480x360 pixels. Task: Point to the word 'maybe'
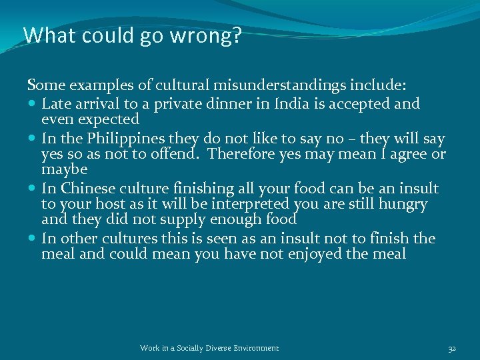(x=64, y=171)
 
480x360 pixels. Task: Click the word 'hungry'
(x=403, y=205)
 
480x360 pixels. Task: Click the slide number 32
(x=451, y=348)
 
